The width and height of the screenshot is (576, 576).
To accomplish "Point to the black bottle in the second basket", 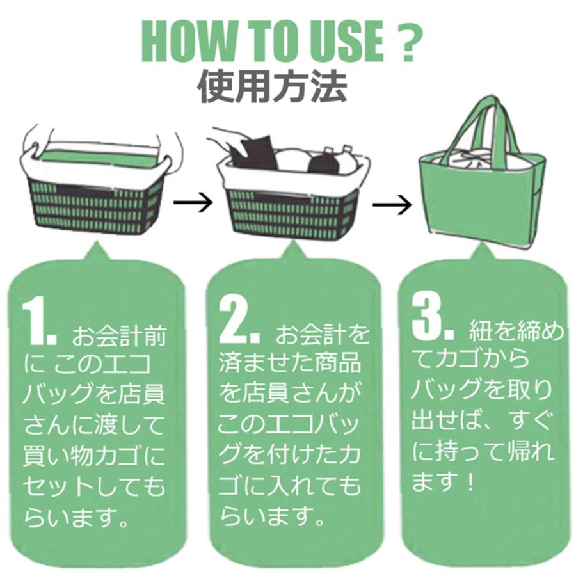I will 324,161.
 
